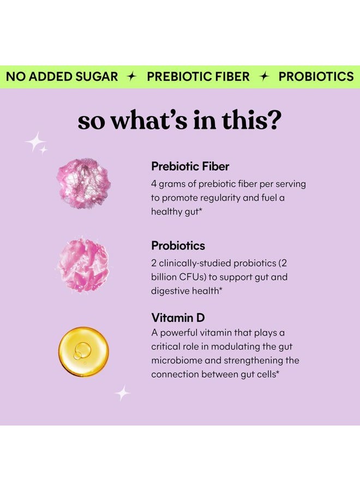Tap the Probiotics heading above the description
[178, 245]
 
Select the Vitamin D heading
[178, 318]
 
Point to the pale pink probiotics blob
[83, 266]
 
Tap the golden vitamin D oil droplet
[83, 351]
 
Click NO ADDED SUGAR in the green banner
[62, 76]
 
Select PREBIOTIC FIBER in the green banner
[198, 76]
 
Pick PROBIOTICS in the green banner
[316, 76]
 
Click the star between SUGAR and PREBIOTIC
[131, 76]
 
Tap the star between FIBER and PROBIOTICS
[264, 76]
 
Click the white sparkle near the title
[36, 143]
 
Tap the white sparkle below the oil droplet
[122, 393]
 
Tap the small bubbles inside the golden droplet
[82, 351]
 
